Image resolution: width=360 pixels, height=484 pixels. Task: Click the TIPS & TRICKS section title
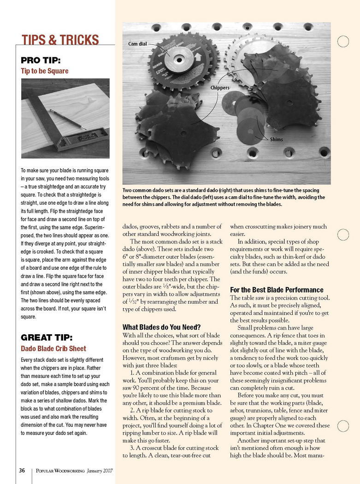60,40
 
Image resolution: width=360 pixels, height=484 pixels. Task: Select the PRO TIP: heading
40,60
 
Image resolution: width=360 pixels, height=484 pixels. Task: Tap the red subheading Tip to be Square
44,71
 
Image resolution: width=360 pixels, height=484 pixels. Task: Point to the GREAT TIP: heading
47,337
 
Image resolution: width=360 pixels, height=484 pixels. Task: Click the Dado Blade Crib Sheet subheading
53,348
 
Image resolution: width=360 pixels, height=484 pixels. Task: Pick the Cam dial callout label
137,44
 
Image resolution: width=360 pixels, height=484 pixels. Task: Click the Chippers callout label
219,87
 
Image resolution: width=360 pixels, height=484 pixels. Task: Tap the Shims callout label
277,139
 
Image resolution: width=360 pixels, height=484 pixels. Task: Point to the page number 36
22,471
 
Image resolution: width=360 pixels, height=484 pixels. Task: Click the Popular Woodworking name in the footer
60,471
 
